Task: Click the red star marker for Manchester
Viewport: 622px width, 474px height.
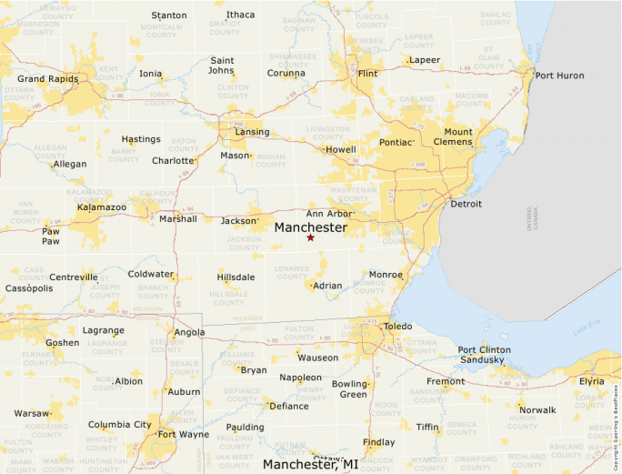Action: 310,237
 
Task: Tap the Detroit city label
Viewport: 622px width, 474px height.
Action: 466,204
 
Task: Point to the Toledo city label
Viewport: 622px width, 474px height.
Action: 396,326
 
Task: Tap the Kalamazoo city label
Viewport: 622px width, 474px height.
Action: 101,207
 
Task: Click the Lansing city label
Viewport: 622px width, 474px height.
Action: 252,132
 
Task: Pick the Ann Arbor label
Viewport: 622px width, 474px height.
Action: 328,213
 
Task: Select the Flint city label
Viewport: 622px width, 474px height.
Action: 367,73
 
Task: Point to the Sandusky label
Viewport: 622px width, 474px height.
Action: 482,360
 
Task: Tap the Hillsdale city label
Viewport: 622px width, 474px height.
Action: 236,277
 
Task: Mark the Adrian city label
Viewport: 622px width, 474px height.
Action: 327,286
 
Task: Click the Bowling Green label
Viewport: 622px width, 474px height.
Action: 349,388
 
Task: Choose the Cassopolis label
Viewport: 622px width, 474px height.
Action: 29,287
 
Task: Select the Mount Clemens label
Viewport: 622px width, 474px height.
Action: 458,137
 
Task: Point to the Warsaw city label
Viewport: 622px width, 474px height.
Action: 32,413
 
